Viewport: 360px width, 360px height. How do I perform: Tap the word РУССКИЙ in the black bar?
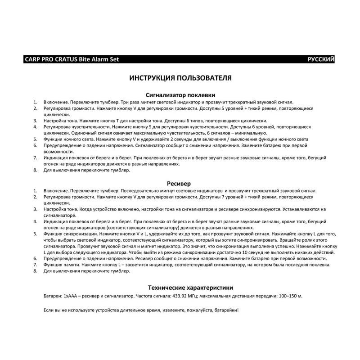point(321,59)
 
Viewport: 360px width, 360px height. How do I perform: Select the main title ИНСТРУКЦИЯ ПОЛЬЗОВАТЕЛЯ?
point(180,78)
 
